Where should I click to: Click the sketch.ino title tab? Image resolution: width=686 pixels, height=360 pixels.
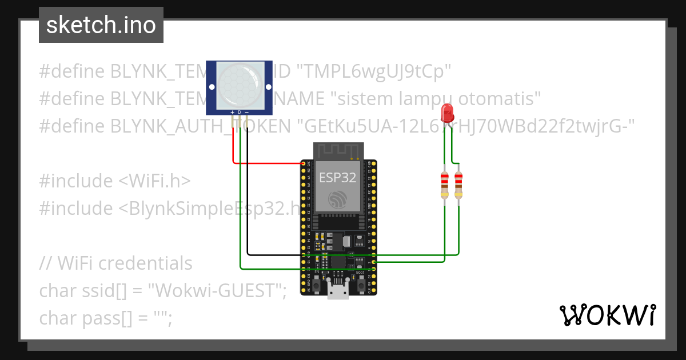101,25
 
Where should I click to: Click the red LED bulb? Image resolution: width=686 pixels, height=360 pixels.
447,111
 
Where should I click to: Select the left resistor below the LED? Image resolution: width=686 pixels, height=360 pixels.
445,184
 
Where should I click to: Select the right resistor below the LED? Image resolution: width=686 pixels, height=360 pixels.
458,184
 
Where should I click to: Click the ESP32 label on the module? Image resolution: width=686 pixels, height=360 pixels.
337,178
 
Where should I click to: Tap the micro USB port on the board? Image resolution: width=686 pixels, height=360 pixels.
338,290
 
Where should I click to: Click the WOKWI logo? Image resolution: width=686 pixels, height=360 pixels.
607,315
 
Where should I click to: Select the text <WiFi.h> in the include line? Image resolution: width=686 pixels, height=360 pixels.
154,181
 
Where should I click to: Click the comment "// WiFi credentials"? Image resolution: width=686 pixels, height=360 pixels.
115,263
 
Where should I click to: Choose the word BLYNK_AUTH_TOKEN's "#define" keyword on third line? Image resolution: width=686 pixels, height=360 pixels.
72,126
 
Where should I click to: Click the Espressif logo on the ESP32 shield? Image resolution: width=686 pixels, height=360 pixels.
337,199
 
